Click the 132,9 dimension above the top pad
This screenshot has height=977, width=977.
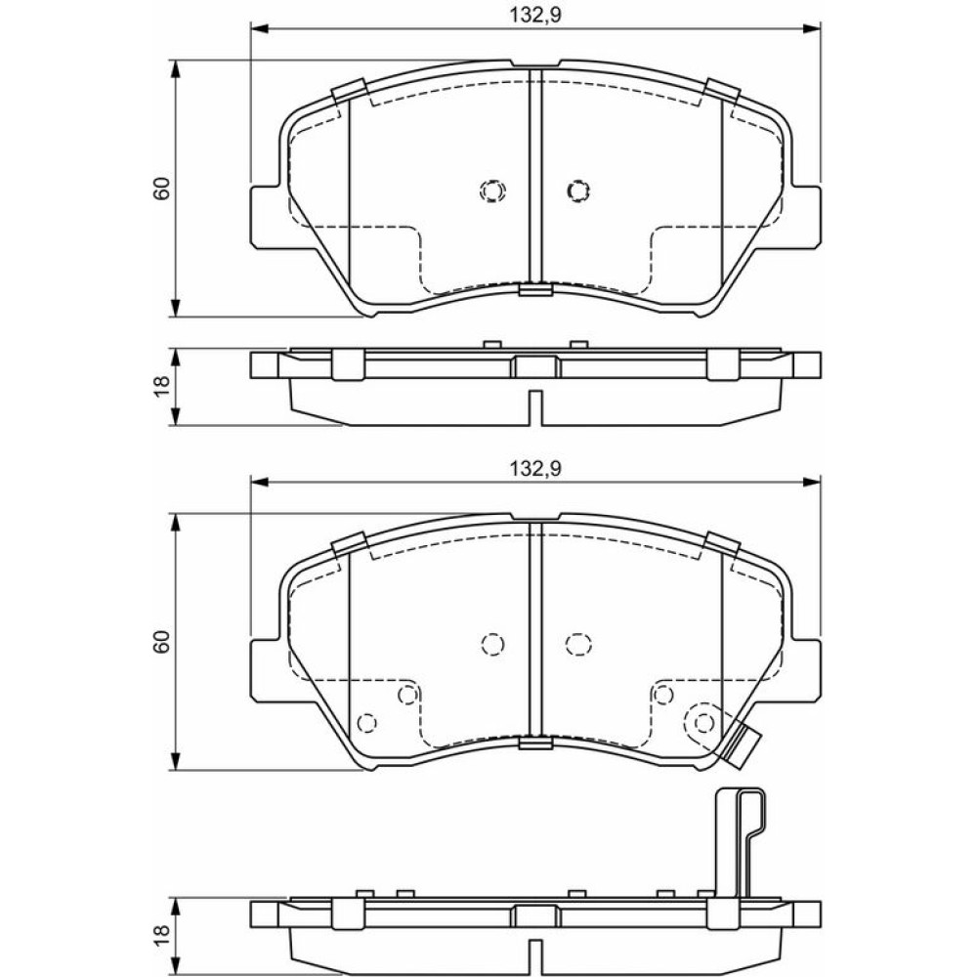(535, 15)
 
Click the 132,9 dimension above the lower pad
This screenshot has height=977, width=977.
(535, 469)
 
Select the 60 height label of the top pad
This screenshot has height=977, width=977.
(162, 189)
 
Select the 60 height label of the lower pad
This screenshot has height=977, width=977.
(162, 642)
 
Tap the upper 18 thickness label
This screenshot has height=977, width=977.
(162, 386)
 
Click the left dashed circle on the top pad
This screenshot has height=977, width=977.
(492, 191)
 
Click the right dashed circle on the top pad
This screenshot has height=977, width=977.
(578, 191)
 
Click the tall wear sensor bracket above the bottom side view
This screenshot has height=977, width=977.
(741, 841)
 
